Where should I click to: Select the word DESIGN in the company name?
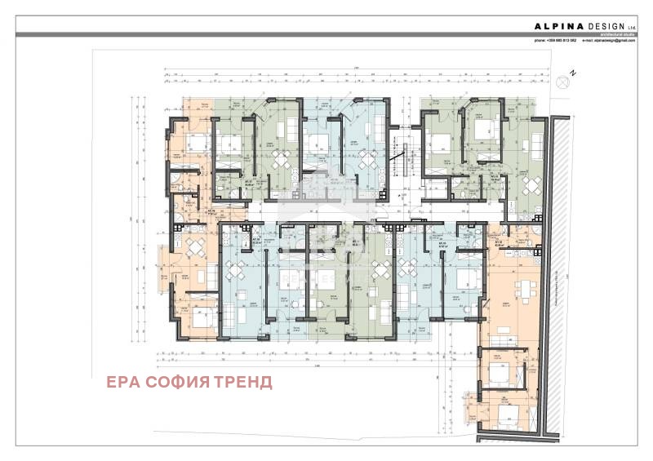pos(602,25)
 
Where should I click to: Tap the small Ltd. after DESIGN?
pos(630,27)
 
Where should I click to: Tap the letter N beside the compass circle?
pos(573,73)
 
